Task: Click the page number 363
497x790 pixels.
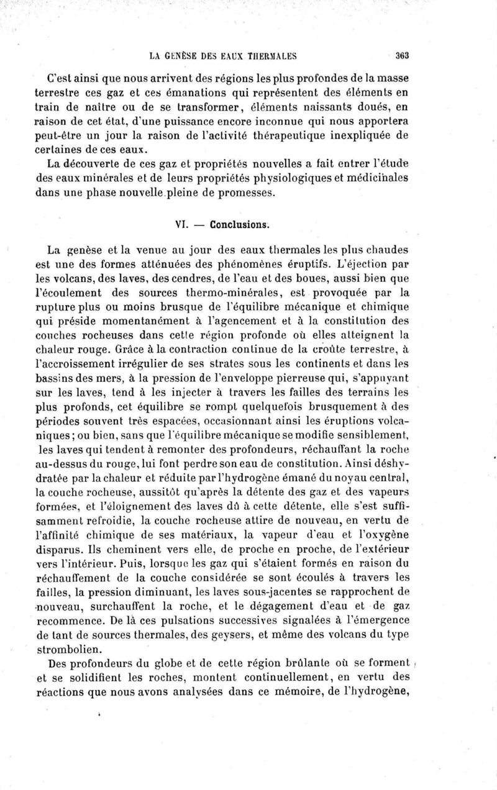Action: coord(401,55)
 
